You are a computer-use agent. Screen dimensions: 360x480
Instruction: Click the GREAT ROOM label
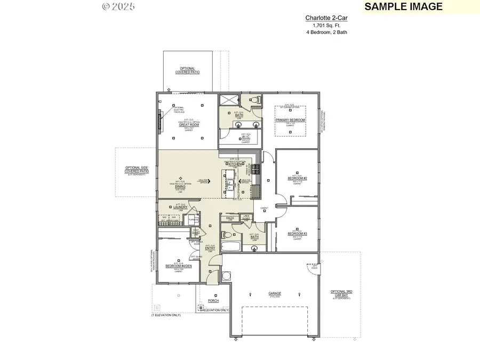pyautogui.click(x=185, y=125)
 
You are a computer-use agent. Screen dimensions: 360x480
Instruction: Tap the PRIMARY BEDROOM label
pyautogui.click(x=290, y=120)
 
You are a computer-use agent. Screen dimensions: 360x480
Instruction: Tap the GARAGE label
pyautogui.click(x=275, y=293)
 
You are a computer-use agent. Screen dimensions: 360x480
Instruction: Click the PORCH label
pyautogui.click(x=213, y=301)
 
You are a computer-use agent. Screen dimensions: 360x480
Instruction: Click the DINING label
pyautogui.click(x=180, y=186)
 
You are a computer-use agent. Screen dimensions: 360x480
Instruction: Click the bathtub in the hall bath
pyautogui.click(x=230, y=247)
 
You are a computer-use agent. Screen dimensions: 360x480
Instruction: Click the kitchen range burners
pyautogui.click(x=255, y=169)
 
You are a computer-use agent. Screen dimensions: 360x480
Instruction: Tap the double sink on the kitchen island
pyautogui.click(x=230, y=185)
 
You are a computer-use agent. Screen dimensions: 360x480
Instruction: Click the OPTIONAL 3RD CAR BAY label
pyautogui.click(x=341, y=293)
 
